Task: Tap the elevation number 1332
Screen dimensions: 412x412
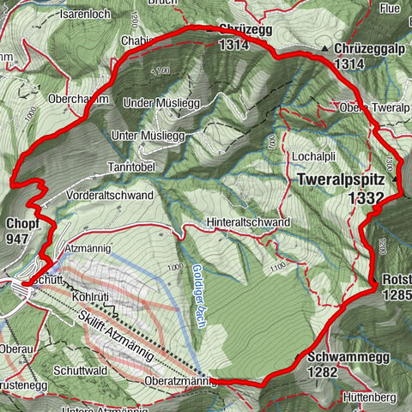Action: [x=365, y=197]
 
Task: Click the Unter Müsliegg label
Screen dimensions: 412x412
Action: [x=148, y=136]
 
